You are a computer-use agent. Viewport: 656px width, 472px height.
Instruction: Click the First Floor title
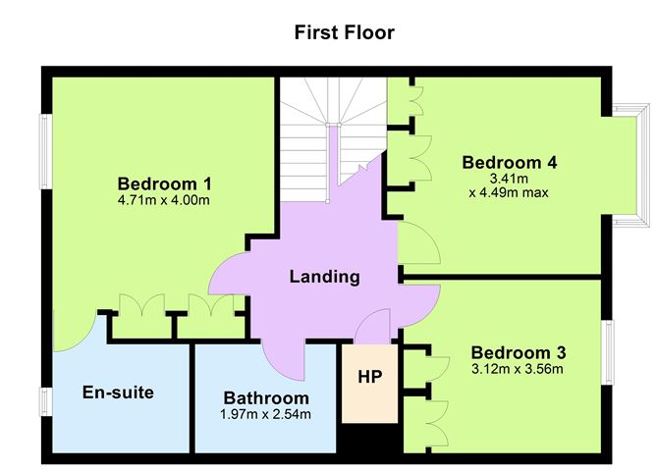tap(345, 32)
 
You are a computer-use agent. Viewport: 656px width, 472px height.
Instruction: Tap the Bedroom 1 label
tap(164, 184)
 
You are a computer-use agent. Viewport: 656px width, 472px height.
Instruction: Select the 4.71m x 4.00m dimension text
tap(164, 200)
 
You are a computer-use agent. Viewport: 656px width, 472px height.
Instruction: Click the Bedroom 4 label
tap(502, 162)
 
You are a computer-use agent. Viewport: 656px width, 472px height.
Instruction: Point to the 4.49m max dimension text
tap(508, 192)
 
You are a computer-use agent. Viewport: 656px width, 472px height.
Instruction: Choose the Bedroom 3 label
tap(517, 352)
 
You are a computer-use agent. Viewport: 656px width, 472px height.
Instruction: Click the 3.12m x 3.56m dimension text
tap(517, 369)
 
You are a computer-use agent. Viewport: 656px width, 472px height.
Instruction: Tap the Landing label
tap(324, 277)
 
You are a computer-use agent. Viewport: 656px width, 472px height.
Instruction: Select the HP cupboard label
tap(369, 376)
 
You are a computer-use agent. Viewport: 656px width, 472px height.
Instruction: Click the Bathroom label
tap(266, 398)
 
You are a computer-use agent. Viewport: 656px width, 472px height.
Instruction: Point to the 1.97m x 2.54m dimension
tap(266, 414)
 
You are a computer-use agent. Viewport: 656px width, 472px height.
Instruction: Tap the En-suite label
tap(117, 393)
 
